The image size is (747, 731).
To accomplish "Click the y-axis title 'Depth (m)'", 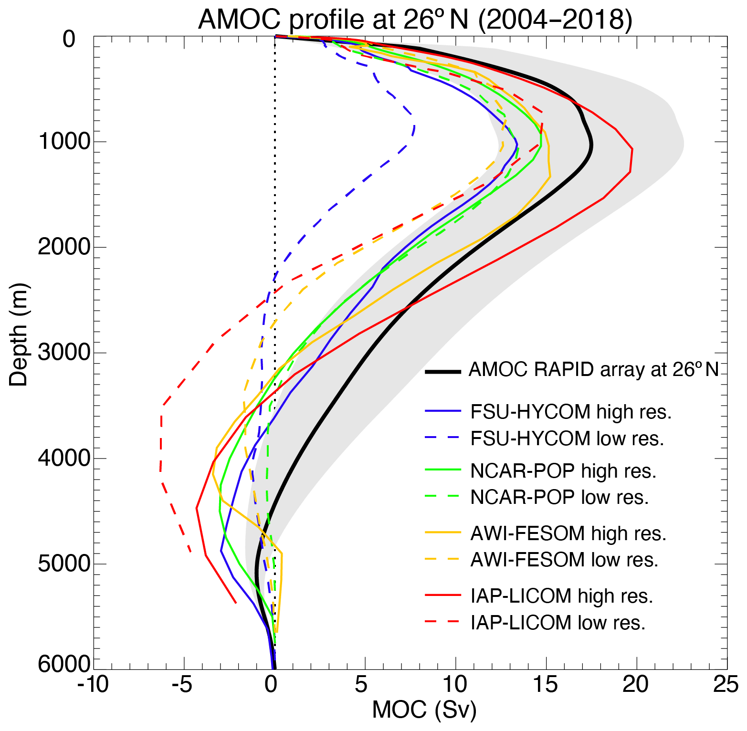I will pyautogui.click(x=19, y=334).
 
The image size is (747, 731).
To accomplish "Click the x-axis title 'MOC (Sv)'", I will pyautogui.click(x=424, y=710).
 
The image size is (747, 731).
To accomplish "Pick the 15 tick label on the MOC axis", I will pyautogui.click(x=545, y=685).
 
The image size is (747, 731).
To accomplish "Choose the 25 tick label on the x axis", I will pyautogui.click(x=726, y=685).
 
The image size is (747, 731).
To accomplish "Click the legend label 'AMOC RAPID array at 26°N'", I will pyautogui.click(x=593, y=370).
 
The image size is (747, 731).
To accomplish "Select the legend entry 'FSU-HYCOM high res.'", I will pyautogui.click(x=571, y=412).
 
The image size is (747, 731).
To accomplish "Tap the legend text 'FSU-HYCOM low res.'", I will pyautogui.click(x=567, y=439).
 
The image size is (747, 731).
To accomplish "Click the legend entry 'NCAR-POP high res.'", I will pyautogui.click(x=563, y=471).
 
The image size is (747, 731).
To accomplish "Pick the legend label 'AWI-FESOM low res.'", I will pyautogui.click(x=564, y=560).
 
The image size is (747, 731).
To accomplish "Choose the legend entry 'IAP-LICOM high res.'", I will pyautogui.click(x=561, y=596).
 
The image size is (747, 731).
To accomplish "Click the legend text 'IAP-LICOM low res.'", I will pyautogui.click(x=558, y=623).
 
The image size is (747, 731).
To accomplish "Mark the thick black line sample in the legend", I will pyautogui.click(x=443, y=371).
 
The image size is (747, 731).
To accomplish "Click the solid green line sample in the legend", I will pyautogui.click(x=443, y=470).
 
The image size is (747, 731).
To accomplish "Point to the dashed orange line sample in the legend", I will pyautogui.click(x=443, y=559).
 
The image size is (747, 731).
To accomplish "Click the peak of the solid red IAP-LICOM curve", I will pyautogui.click(x=632, y=150).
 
